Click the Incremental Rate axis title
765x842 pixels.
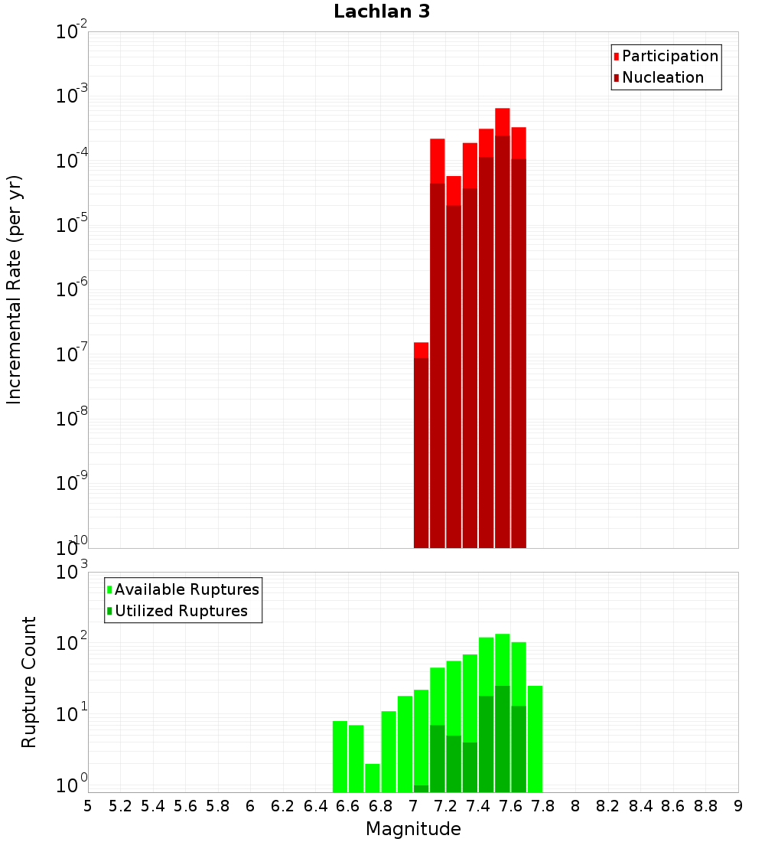pyautogui.click(x=15, y=289)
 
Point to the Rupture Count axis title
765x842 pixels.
pyautogui.click(x=29, y=682)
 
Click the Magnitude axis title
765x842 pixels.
pyautogui.click(x=413, y=829)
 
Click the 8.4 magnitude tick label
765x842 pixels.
pyautogui.click(x=640, y=806)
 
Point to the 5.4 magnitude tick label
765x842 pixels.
pyautogui.click(x=153, y=806)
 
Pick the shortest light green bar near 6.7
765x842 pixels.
pyautogui.click(x=373, y=777)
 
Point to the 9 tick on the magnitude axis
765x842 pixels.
pyautogui.click(x=738, y=806)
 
